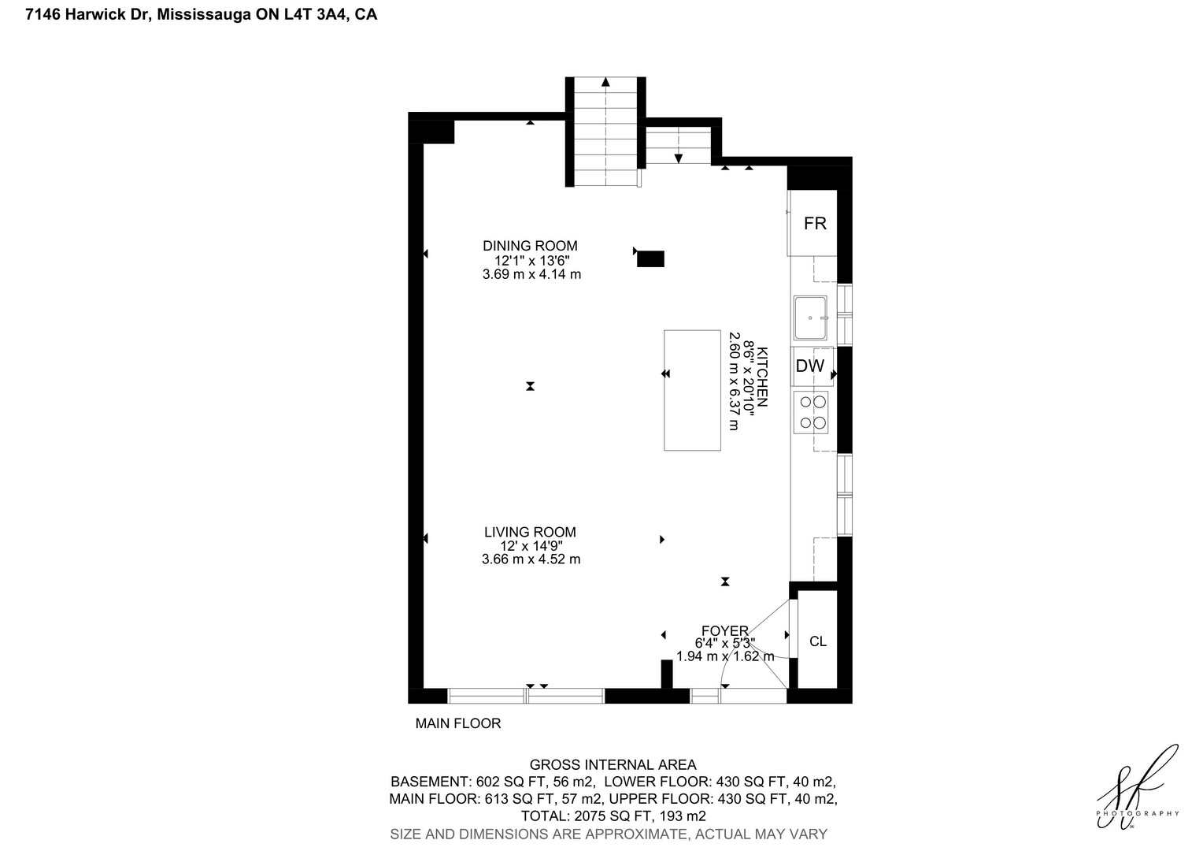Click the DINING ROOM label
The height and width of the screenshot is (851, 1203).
tap(530, 246)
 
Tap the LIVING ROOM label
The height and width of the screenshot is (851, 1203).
tap(530, 532)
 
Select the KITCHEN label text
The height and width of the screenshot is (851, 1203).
tap(762, 377)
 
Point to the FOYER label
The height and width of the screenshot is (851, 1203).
tap(724, 630)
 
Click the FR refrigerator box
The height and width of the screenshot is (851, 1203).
tap(812, 222)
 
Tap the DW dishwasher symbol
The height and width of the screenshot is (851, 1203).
tap(812, 366)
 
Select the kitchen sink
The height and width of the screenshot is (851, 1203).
tap(810, 318)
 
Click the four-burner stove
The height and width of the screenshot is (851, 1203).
tap(811, 412)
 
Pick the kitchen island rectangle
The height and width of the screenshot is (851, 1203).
tap(692, 390)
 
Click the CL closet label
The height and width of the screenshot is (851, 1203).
tap(818, 641)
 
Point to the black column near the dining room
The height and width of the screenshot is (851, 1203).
tap(650, 258)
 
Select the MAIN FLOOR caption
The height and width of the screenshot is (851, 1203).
tap(458, 723)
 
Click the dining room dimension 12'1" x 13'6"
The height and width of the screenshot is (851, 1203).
tap(531, 261)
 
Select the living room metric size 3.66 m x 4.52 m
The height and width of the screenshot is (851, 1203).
tap(531, 559)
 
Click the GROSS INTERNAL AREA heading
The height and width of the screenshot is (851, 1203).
tap(613, 764)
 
